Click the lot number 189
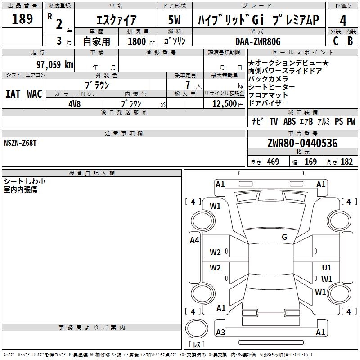(x=23, y=19)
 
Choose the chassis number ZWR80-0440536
(x=303, y=144)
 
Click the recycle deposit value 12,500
(x=223, y=103)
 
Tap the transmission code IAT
(x=13, y=94)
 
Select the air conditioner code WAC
(x=35, y=94)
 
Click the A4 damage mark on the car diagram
(x=194, y=240)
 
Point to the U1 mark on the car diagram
(x=327, y=267)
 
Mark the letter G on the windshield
(x=284, y=237)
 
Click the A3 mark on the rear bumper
(x=220, y=333)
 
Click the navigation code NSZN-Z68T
(x=21, y=143)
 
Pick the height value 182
(x=347, y=162)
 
